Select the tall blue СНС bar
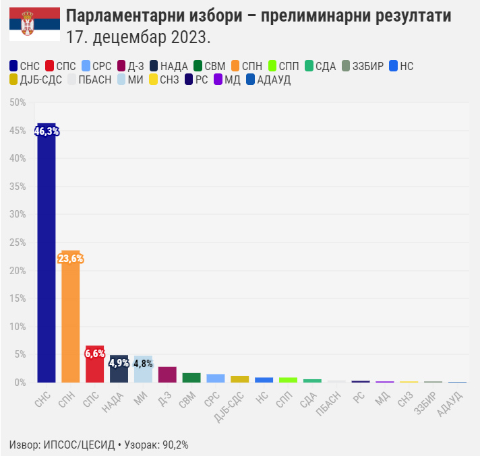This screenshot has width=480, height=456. tap(47, 256)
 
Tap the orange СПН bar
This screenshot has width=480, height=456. tap(71, 317)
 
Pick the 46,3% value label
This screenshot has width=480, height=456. tap(47, 132)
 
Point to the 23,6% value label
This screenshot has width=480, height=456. tap(71, 259)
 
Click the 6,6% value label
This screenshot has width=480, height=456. tap(95, 354)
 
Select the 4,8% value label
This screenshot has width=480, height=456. tap(144, 364)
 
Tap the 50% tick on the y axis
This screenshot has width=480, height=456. tap(18, 102)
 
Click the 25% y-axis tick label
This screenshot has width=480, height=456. tap(18, 242)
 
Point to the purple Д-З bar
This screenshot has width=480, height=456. tap(168, 374)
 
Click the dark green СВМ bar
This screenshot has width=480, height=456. tap(192, 378)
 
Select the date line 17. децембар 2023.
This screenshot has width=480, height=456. tap(138, 35)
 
